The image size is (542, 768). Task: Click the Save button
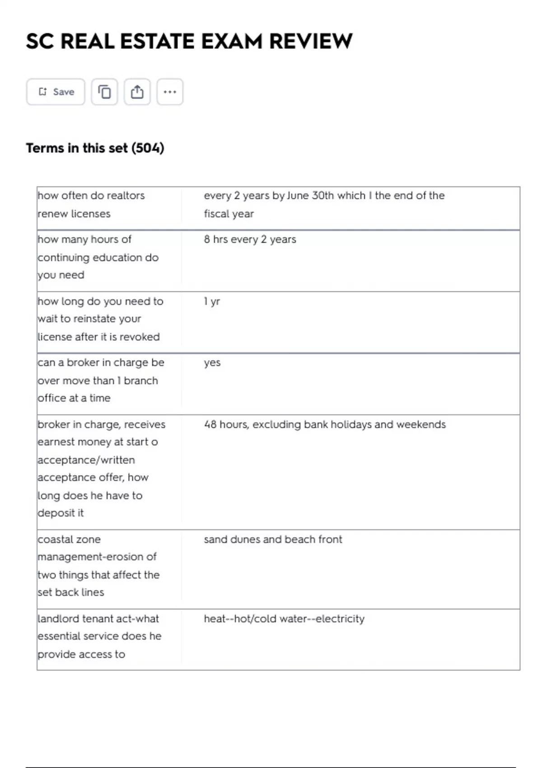(x=56, y=92)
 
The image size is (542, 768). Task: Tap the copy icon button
(x=104, y=92)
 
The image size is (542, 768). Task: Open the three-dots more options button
(x=170, y=92)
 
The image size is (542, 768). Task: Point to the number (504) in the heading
(x=148, y=148)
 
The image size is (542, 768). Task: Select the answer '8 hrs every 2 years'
(x=250, y=239)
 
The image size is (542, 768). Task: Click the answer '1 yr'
(x=212, y=301)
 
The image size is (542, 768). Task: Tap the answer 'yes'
(x=212, y=363)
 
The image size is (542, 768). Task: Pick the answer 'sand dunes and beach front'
(x=273, y=539)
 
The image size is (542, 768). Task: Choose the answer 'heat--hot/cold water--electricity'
(x=284, y=619)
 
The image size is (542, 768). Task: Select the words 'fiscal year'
(x=229, y=214)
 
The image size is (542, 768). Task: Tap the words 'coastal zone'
(x=69, y=539)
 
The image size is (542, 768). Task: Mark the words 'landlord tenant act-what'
(x=98, y=619)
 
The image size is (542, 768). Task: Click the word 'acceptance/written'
(x=86, y=460)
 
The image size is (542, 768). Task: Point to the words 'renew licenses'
(x=74, y=214)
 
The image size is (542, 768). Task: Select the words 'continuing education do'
(x=98, y=258)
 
